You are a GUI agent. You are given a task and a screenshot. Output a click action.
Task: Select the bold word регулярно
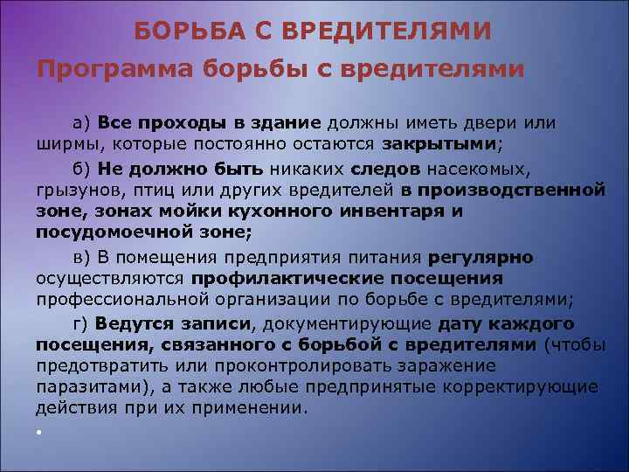(x=481, y=257)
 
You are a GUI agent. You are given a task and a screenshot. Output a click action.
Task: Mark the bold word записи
(x=216, y=323)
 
